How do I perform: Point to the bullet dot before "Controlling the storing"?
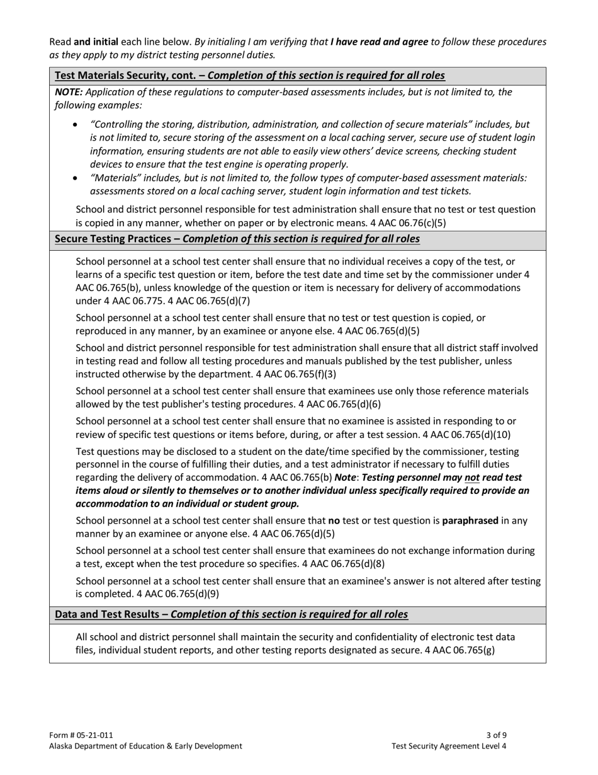(76, 125)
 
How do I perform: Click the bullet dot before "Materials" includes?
(76, 178)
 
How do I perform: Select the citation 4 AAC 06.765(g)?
(459, 651)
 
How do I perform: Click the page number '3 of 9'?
(496, 735)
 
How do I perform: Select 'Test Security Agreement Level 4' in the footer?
(449, 746)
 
